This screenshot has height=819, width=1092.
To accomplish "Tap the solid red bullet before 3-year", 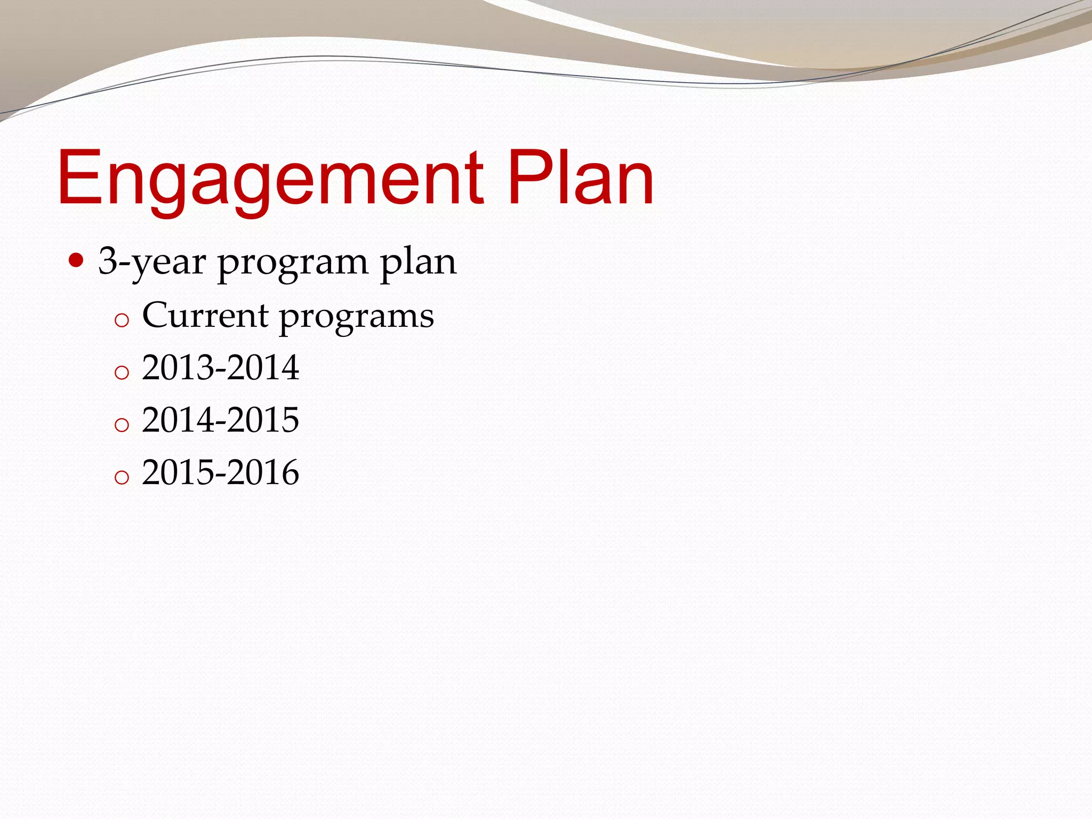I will (77, 261).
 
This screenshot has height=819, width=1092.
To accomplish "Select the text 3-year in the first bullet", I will (152, 262).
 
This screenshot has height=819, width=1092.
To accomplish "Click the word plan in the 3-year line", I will (418, 262).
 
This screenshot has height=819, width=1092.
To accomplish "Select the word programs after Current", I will (357, 317).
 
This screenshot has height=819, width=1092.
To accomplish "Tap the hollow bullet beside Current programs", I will (122, 320).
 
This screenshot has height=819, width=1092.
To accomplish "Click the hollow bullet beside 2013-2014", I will (122, 372).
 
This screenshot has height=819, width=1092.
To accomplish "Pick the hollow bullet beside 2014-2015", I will (122, 424).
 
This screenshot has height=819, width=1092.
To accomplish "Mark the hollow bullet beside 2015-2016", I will (122, 477).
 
